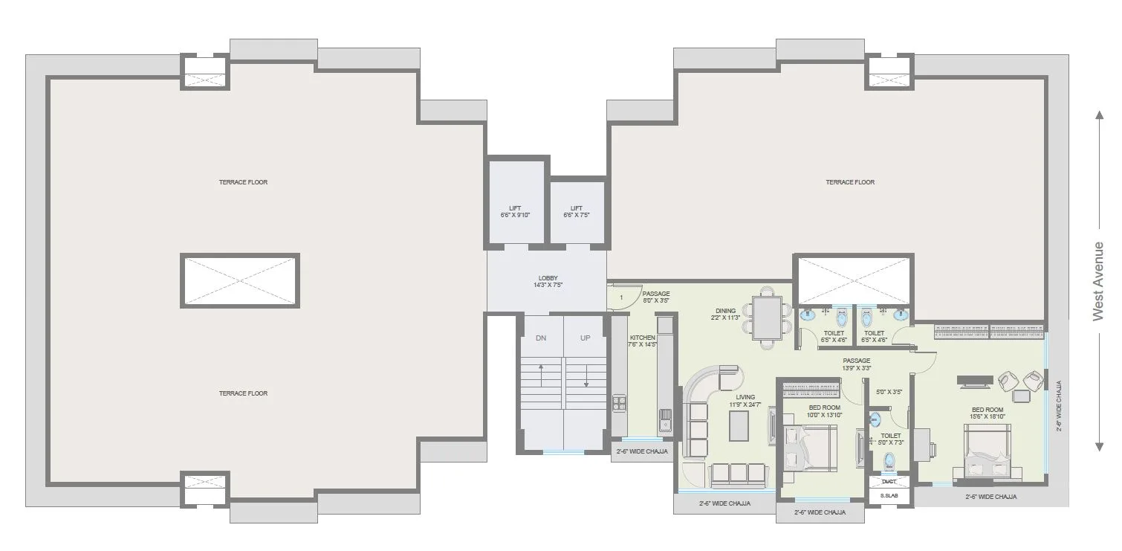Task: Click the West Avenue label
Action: [x=1098, y=281]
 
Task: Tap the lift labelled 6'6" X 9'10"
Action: [x=515, y=211]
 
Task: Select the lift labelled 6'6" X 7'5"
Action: [x=577, y=211]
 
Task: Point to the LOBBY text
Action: [x=548, y=281]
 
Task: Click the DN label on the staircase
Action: [x=541, y=338]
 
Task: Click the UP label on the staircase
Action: [x=586, y=338]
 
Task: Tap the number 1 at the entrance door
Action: [x=620, y=298]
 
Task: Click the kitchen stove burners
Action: [x=619, y=404]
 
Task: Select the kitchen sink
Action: [x=664, y=420]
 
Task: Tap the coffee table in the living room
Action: [x=738, y=425]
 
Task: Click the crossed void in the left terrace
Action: [x=239, y=280]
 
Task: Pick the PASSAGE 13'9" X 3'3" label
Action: [x=856, y=364]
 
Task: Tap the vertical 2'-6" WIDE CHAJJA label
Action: [x=1059, y=406]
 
